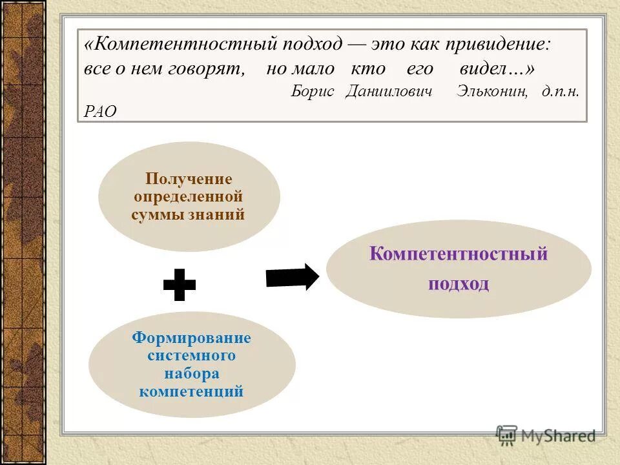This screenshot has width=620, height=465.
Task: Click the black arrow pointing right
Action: [292, 276]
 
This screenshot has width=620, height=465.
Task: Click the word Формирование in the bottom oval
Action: [191, 338]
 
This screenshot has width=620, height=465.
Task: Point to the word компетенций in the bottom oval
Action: [191, 391]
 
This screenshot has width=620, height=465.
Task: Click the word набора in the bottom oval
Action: [191, 374]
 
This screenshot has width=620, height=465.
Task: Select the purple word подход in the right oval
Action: [458, 284]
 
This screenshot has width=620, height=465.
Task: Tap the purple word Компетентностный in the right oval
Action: [458, 254]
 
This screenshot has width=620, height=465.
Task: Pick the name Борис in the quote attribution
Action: [313, 91]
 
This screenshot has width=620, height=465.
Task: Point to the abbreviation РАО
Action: [100, 112]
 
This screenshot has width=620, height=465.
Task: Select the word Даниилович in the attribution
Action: [388, 91]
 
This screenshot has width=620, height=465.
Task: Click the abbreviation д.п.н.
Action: [561, 91]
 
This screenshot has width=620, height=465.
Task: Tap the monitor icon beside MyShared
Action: [507, 435]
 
